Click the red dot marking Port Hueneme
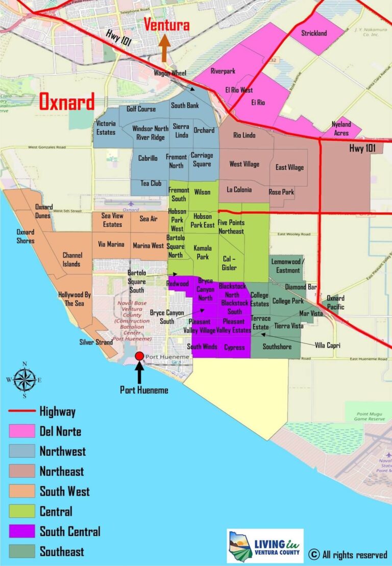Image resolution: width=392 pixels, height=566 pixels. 139,356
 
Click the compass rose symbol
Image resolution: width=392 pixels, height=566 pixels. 24,379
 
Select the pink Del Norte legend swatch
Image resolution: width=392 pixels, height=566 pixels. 22,431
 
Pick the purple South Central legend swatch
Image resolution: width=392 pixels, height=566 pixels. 22,531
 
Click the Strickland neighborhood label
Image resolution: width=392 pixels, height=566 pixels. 314,34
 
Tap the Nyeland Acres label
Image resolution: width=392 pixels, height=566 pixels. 341,129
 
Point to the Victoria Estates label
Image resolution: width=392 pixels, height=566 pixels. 106,128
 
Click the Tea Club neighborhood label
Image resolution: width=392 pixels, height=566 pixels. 151,183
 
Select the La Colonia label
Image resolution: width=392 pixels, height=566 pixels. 239,190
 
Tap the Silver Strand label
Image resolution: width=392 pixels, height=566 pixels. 96,342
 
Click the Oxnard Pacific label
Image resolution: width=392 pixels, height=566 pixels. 335,302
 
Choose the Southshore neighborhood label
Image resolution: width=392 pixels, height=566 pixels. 277,347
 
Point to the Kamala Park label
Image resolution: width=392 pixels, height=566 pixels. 203,252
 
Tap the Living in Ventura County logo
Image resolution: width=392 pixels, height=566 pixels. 265,546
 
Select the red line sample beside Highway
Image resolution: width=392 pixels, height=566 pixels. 22,411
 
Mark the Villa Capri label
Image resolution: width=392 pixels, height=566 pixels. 327,346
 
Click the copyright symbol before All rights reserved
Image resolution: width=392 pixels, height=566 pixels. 314,554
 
